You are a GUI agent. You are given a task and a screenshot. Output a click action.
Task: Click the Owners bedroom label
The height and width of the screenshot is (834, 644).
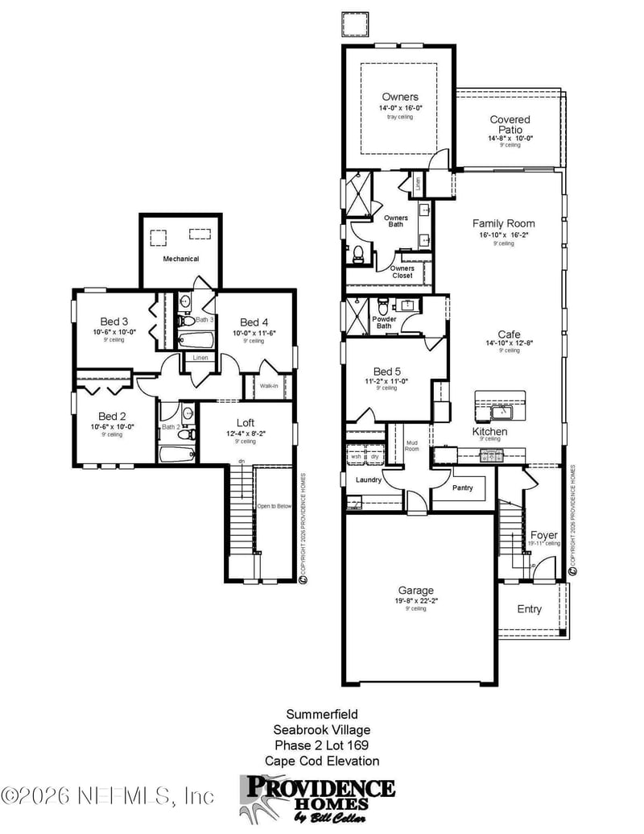coord(400,97)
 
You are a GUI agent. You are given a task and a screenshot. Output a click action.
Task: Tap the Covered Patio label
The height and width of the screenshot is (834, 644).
coord(510,125)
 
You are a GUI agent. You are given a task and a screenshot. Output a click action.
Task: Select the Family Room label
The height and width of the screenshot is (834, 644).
coord(503,223)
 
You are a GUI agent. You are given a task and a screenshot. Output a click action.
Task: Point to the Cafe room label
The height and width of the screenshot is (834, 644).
coord(509,334)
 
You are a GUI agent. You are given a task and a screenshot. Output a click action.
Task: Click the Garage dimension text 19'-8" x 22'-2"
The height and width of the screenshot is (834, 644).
coord(415,600)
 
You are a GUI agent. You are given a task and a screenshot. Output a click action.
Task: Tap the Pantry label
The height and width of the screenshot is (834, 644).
coord(462,488)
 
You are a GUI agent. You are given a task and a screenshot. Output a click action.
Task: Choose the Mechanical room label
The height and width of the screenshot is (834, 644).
coord(180,259)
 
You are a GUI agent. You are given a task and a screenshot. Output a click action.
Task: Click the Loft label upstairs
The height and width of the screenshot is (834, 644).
coord(246,422)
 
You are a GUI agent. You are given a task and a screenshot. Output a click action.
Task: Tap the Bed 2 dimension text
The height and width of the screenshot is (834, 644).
coord(112,427)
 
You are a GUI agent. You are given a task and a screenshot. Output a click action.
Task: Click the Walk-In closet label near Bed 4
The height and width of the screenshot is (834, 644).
coord(269,386)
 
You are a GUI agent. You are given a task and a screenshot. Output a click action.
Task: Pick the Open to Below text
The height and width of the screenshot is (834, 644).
coord(274,506)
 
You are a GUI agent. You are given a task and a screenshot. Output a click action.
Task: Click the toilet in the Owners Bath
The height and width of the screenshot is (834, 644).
coord(358,255)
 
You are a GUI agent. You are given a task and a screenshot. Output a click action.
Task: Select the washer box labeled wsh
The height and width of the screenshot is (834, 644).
coord(356,457)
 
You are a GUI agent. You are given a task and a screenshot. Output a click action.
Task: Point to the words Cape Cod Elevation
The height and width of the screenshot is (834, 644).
coord(321,761)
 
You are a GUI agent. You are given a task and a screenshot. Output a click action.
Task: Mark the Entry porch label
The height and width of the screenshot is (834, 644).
coord(529,609)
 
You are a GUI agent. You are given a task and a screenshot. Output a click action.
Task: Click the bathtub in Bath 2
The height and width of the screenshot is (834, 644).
coord(177,454)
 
